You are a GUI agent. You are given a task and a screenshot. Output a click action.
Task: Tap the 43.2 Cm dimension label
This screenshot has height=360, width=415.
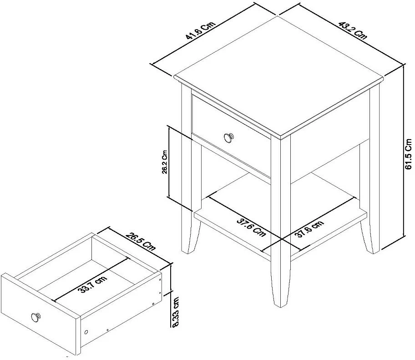[x=353, y=30]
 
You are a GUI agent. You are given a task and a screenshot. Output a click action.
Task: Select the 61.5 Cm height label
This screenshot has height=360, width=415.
[x=408, y=154]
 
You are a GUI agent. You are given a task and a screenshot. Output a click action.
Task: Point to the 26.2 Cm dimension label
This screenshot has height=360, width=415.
[x=165, y=162]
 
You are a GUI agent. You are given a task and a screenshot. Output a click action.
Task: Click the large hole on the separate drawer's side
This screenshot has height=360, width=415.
[x=86, y=332]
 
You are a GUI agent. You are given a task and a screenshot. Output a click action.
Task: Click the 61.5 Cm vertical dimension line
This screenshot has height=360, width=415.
[x=404, y=150]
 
